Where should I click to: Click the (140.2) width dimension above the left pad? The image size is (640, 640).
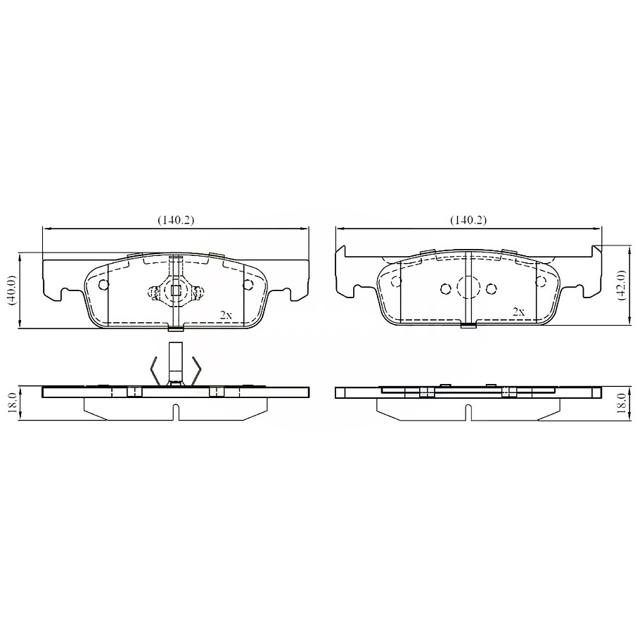coord(175,219)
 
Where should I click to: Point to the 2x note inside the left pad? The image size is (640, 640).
coord(225,315)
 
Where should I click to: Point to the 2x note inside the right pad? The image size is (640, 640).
coord(518,311)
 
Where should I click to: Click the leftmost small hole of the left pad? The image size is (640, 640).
coord(104,285)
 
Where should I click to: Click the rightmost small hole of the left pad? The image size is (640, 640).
coord(248,285)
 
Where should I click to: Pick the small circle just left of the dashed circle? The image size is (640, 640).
coord(444,288)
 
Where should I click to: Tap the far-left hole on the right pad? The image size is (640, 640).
coord(396,282)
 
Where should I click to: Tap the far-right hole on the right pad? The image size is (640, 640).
coord(541,282)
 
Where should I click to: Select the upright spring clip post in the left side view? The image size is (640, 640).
coord(176,361)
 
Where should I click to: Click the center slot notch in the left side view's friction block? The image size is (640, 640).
coord(176,412)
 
